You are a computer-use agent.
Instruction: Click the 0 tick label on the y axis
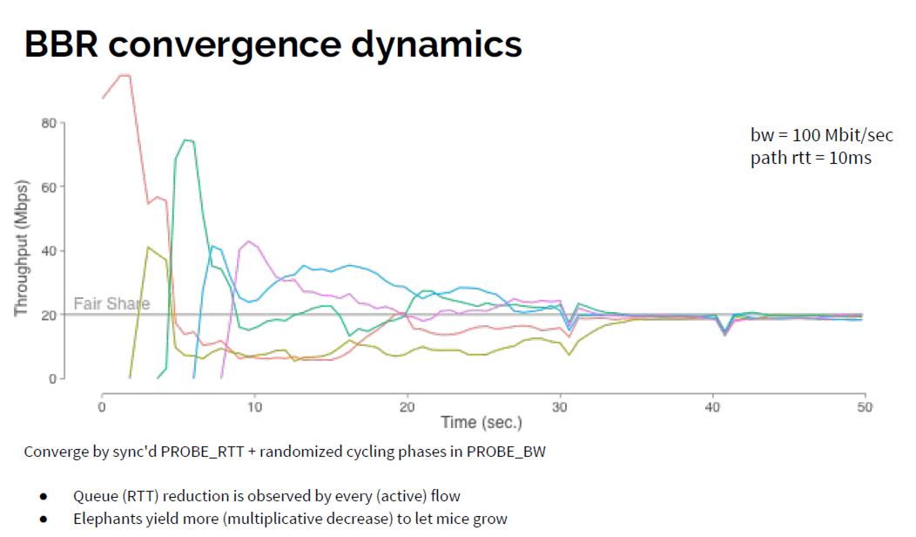point(52,378)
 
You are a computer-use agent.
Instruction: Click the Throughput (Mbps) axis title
point(21,248)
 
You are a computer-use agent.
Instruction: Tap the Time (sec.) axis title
point(482,423)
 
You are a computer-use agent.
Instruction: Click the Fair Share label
point(111,304)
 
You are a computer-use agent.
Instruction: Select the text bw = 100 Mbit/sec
point(821,135)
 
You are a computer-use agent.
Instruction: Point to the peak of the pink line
point(249,241)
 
